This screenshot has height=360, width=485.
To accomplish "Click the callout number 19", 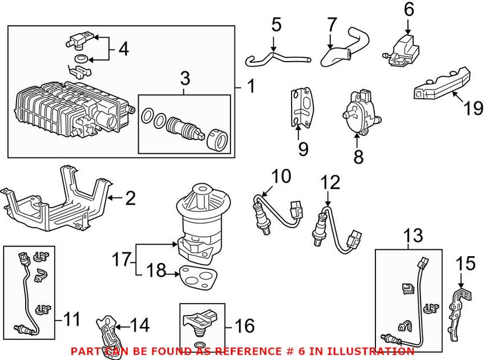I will click(473, 108).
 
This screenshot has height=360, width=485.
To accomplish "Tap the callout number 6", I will click(409, 9).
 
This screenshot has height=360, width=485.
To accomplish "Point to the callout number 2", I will click(130, 199).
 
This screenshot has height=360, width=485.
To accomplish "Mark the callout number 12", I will click(330, 183).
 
